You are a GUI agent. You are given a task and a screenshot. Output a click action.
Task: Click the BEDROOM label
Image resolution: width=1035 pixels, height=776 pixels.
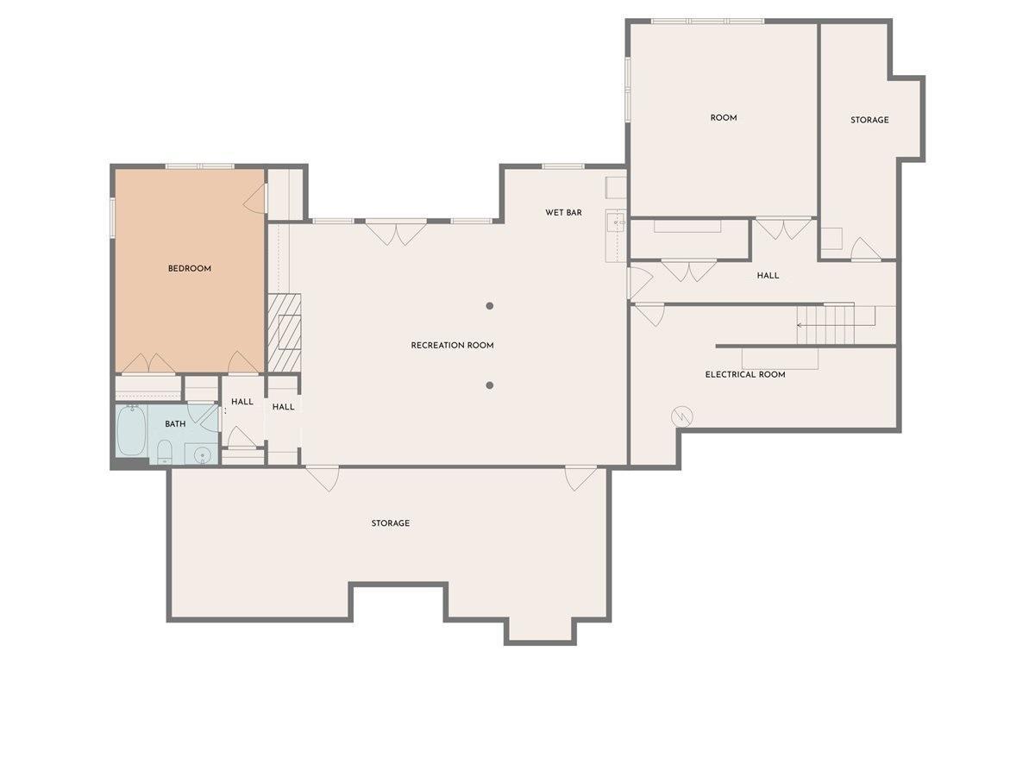(189, 269)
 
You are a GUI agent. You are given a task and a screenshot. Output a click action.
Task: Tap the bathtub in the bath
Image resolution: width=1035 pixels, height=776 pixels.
(131, 430)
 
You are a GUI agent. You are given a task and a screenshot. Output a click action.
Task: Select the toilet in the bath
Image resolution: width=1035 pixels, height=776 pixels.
(165, 452)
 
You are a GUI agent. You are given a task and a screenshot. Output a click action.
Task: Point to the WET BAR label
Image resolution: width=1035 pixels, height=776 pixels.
(563, 212)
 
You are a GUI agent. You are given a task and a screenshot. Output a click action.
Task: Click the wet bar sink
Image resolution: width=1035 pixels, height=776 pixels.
(617, 222)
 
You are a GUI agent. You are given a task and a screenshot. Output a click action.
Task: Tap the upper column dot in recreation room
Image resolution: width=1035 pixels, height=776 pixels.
(490, 305)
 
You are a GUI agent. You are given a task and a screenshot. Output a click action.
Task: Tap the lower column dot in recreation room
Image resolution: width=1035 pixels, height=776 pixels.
(490, 385)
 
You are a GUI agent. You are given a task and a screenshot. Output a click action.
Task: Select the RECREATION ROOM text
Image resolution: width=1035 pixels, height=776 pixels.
(452, 346)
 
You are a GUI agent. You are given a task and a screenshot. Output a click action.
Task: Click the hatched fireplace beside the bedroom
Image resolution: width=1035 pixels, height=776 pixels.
(284, 333)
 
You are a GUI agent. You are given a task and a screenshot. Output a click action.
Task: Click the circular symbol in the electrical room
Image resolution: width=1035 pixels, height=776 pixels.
(682, 416)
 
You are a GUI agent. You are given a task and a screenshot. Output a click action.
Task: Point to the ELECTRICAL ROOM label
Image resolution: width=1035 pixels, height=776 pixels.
(745, 375)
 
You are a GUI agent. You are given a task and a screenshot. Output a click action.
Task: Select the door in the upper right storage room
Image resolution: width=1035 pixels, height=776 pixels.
(864, 250)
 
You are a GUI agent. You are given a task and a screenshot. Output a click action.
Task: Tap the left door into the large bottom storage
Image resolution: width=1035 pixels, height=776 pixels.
(323, 477)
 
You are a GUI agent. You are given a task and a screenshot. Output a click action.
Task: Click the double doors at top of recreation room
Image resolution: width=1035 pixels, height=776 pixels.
(396, 232)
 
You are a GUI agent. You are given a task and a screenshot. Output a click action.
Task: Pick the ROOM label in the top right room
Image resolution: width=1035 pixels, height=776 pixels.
(724, 118)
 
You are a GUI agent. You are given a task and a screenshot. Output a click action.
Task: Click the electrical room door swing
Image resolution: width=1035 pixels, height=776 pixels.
(650, 314)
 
